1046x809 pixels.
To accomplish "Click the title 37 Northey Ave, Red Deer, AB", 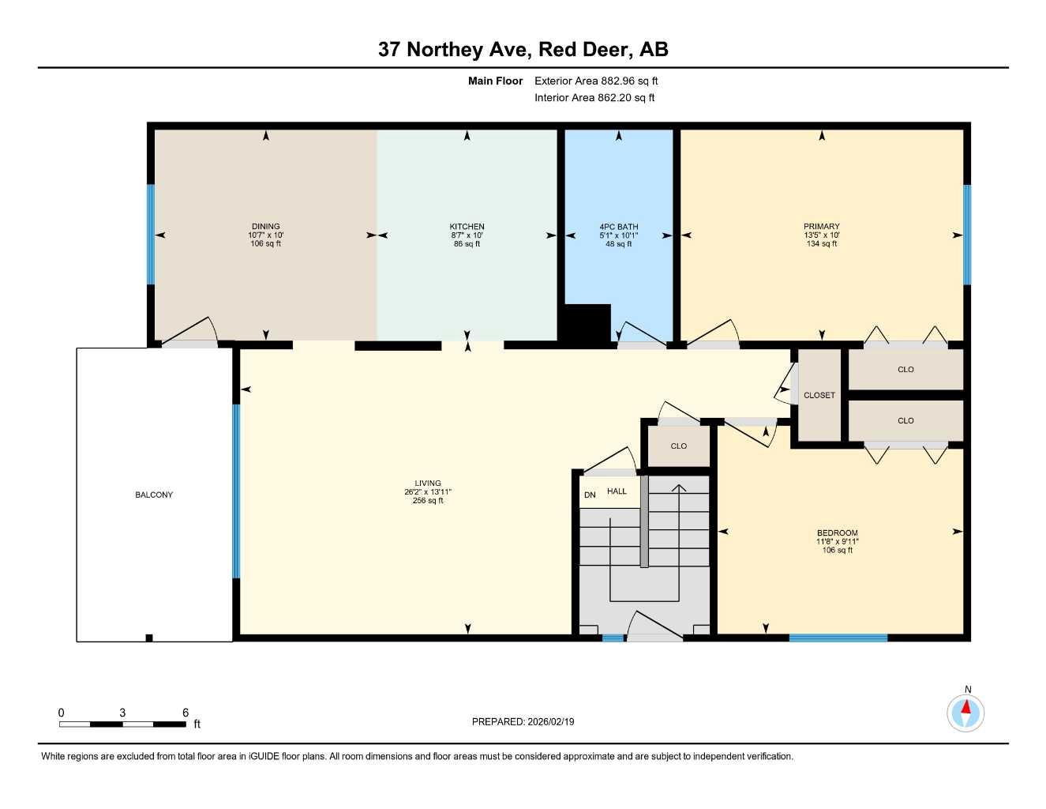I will click(523, 50).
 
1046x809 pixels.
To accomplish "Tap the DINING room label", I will click(265, 227).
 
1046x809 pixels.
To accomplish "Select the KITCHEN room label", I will click(467, 227).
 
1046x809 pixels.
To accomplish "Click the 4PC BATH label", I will click(618, 227).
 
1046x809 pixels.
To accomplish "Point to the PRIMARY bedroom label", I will click(821, 227).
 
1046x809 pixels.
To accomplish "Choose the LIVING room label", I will click(428, 484).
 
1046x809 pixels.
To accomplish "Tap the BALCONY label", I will click(154, 495).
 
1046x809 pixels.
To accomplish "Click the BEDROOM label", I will click(837, 533).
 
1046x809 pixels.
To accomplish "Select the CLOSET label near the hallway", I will click(819, 395).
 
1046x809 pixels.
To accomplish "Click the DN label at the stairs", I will click(590, 495).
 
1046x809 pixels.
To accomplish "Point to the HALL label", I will click(617, 491).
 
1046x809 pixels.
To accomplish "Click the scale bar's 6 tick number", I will click(186, 713).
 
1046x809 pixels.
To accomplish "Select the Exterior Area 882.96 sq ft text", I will click(596, 81).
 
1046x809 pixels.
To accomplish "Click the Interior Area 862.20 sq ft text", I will click(594, 98).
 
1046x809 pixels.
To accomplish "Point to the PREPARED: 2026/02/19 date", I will click(523, 721).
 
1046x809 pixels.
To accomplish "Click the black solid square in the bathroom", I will click(585, 323).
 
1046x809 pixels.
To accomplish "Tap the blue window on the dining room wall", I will click(151, 234).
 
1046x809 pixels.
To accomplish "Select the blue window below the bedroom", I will click(838, 638).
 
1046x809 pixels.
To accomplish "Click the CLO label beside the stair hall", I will click(678, 446).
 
